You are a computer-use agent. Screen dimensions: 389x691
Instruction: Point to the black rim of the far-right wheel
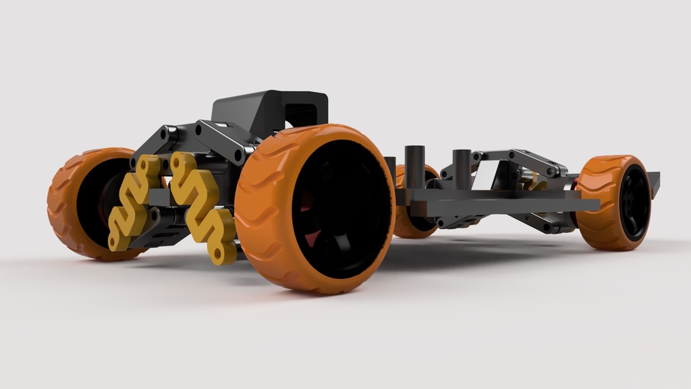coord(634,203)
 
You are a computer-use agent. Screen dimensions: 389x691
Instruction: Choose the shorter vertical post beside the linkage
coord(462,169)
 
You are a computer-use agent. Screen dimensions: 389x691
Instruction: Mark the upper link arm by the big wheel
coord(223,138)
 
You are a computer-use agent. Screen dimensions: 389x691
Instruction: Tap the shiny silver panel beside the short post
coord(482,177)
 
